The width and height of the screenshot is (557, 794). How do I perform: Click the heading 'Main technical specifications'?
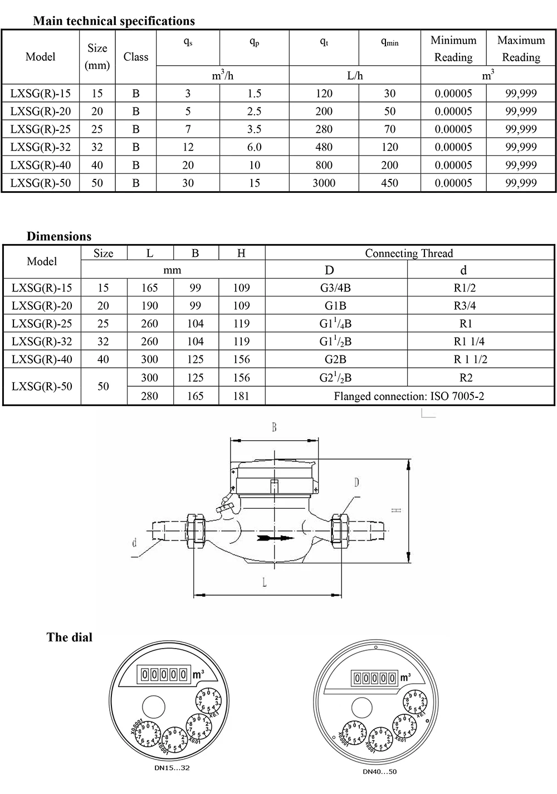click(x=114, y=21)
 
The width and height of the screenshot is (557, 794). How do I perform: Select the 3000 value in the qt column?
click(x=324, y=183)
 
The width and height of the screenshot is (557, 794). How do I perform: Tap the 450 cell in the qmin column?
click(x=389, y=183)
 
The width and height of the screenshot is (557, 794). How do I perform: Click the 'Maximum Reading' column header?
click(x=521, y=48)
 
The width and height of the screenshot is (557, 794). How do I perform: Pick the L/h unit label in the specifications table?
click(x=355, y=75)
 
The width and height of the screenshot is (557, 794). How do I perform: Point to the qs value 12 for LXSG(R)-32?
click(x=188, y=147)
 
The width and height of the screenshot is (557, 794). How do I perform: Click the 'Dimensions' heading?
click(x=59, y=236)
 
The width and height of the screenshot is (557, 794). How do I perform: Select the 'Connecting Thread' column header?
click(x=409, y=254)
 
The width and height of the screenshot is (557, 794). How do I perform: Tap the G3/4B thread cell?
click(x=336, y=288)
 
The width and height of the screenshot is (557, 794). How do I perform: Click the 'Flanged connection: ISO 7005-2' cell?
click(x=409, y=397)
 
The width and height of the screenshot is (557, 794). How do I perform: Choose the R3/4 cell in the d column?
click(x=466, y=306)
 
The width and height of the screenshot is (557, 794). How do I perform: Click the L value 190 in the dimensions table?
click(x=149, y=306)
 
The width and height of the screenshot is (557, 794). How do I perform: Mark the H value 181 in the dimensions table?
click(x=241, y=397)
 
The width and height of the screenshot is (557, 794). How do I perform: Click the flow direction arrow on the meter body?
click(x=276, y=539)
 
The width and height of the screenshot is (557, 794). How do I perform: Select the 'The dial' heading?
click(x=70, y=637)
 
